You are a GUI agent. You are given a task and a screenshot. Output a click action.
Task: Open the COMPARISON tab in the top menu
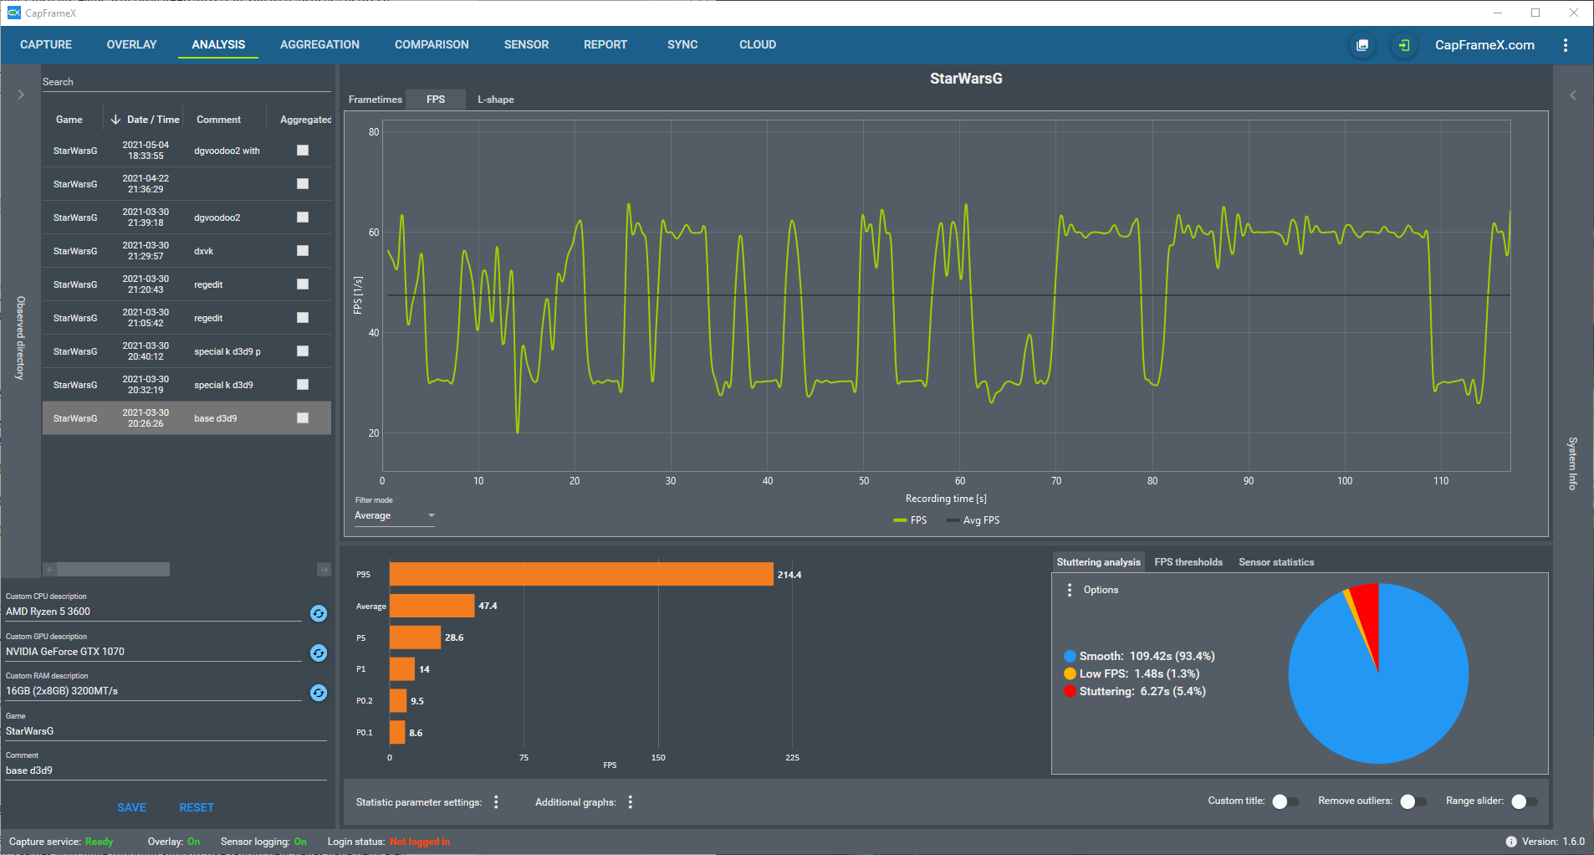point(432,44)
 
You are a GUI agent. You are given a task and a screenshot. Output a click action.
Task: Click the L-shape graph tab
point(496,100)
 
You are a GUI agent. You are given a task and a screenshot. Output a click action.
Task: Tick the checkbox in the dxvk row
point(303,251)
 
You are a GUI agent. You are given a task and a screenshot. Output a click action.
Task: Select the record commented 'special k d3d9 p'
point(227,351)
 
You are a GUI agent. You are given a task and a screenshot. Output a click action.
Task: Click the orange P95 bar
point(581,574)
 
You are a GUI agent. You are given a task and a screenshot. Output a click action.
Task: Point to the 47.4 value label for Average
point(488,606)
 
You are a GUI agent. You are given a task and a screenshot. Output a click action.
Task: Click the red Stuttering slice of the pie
point(1365,615)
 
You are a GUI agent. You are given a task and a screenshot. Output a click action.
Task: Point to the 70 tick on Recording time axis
point(1056,481)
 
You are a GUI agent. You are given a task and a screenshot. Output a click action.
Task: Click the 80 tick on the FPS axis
point(374,132)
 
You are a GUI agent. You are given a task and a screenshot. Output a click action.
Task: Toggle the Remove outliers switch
point(1413,801)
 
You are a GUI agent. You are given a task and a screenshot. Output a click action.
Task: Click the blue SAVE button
point(131,807)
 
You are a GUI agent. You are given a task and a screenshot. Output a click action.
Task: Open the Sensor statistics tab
point(1276,562)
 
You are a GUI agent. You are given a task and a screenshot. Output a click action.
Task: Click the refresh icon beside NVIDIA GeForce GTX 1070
point(319,653)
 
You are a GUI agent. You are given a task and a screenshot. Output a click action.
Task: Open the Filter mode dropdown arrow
point(432,515)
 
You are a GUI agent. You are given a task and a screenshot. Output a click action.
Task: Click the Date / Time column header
point(153,120)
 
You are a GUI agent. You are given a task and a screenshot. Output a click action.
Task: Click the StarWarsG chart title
point(966,79)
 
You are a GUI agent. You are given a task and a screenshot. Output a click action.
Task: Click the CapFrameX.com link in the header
point(1484,45)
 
